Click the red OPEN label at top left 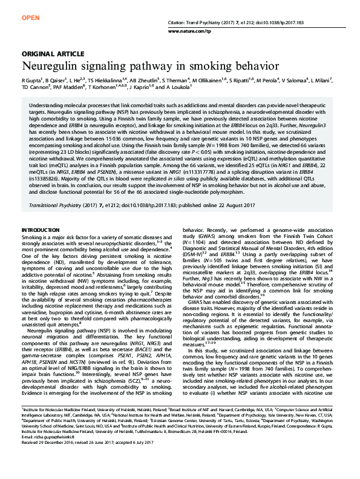coord(30,18)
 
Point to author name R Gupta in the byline coord(32,81)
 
